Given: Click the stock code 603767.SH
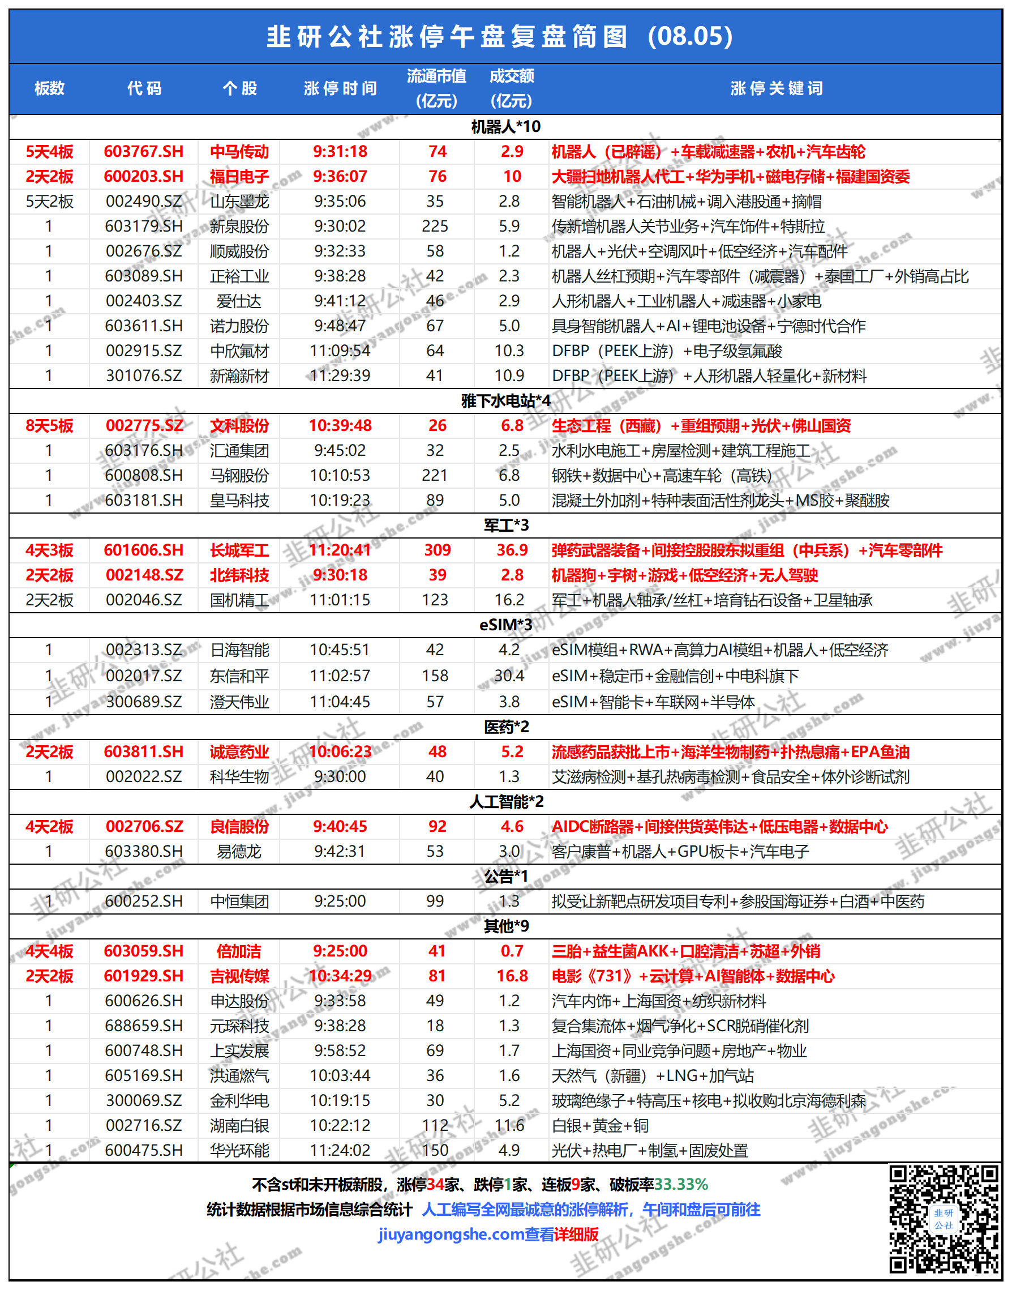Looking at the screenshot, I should (143, 152).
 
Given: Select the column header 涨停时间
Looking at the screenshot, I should (340, 88).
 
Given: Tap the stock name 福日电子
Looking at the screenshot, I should (239, 177).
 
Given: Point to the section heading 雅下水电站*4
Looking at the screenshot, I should (505, 401).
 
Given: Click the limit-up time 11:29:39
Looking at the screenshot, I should (340, 376).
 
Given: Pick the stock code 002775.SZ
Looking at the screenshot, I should (144, 426).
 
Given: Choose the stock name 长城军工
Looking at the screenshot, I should (239, 550).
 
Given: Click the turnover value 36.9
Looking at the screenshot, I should (512, 550).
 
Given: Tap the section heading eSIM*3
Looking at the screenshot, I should (505, 625).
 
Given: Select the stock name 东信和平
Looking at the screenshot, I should (239, 676).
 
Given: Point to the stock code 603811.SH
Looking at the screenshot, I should (143, 751).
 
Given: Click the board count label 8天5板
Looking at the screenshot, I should (49, 426).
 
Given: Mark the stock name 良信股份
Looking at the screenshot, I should (239, 826).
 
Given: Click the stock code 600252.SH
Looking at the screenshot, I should (143, 901).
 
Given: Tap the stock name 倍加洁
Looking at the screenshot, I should (239, 951).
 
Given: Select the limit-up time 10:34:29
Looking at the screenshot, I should (340, 976).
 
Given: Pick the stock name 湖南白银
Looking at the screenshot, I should (239, 1125).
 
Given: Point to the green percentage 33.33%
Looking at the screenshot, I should (681, 1185).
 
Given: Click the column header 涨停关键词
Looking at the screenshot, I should (776, 88).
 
